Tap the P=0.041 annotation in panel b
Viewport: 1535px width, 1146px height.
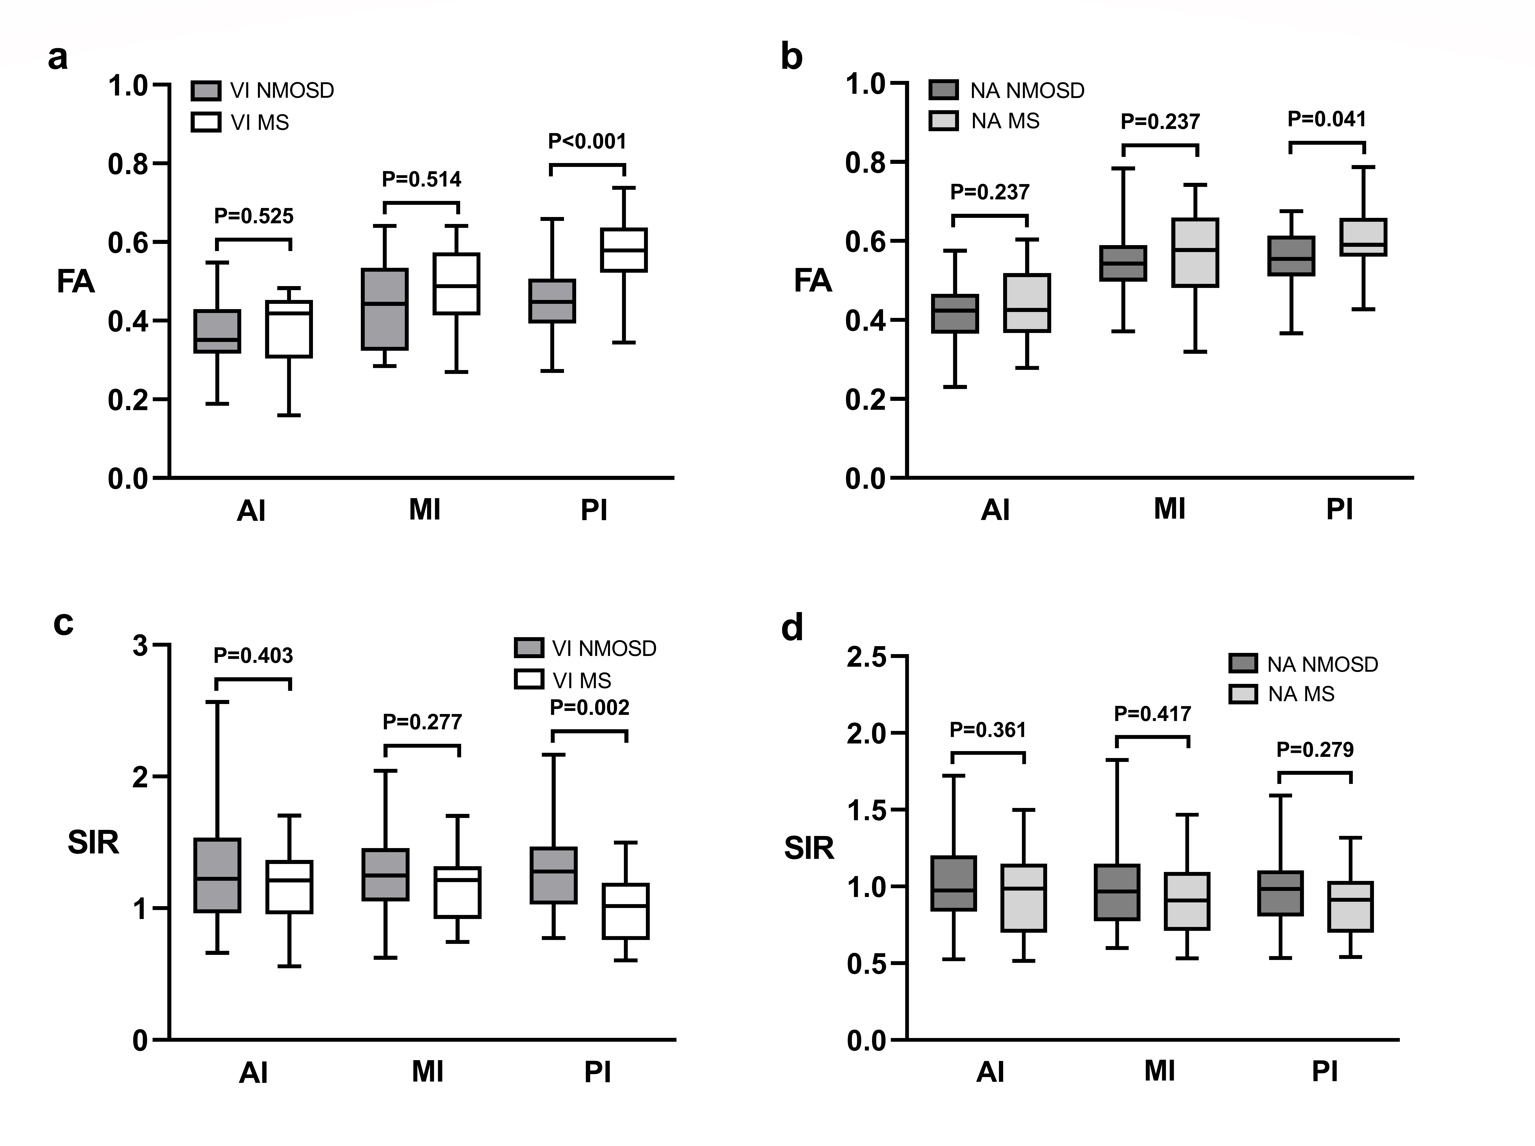coord(1326,119)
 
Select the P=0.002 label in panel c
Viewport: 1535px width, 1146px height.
coord(589,708)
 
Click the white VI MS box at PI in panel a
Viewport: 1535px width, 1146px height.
coord(623,250)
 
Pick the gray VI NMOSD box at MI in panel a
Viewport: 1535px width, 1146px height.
coord(384,309)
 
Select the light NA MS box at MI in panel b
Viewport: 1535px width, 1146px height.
coord(1195,253)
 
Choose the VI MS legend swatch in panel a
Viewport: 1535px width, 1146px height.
coord(206,122)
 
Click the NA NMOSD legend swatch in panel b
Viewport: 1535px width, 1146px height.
coord(943,90)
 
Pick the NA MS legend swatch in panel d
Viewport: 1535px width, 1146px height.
coord(1242,694)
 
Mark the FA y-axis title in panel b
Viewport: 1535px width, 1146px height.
coord(812,281)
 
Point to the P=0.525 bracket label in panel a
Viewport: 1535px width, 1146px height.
coord(254,217)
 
